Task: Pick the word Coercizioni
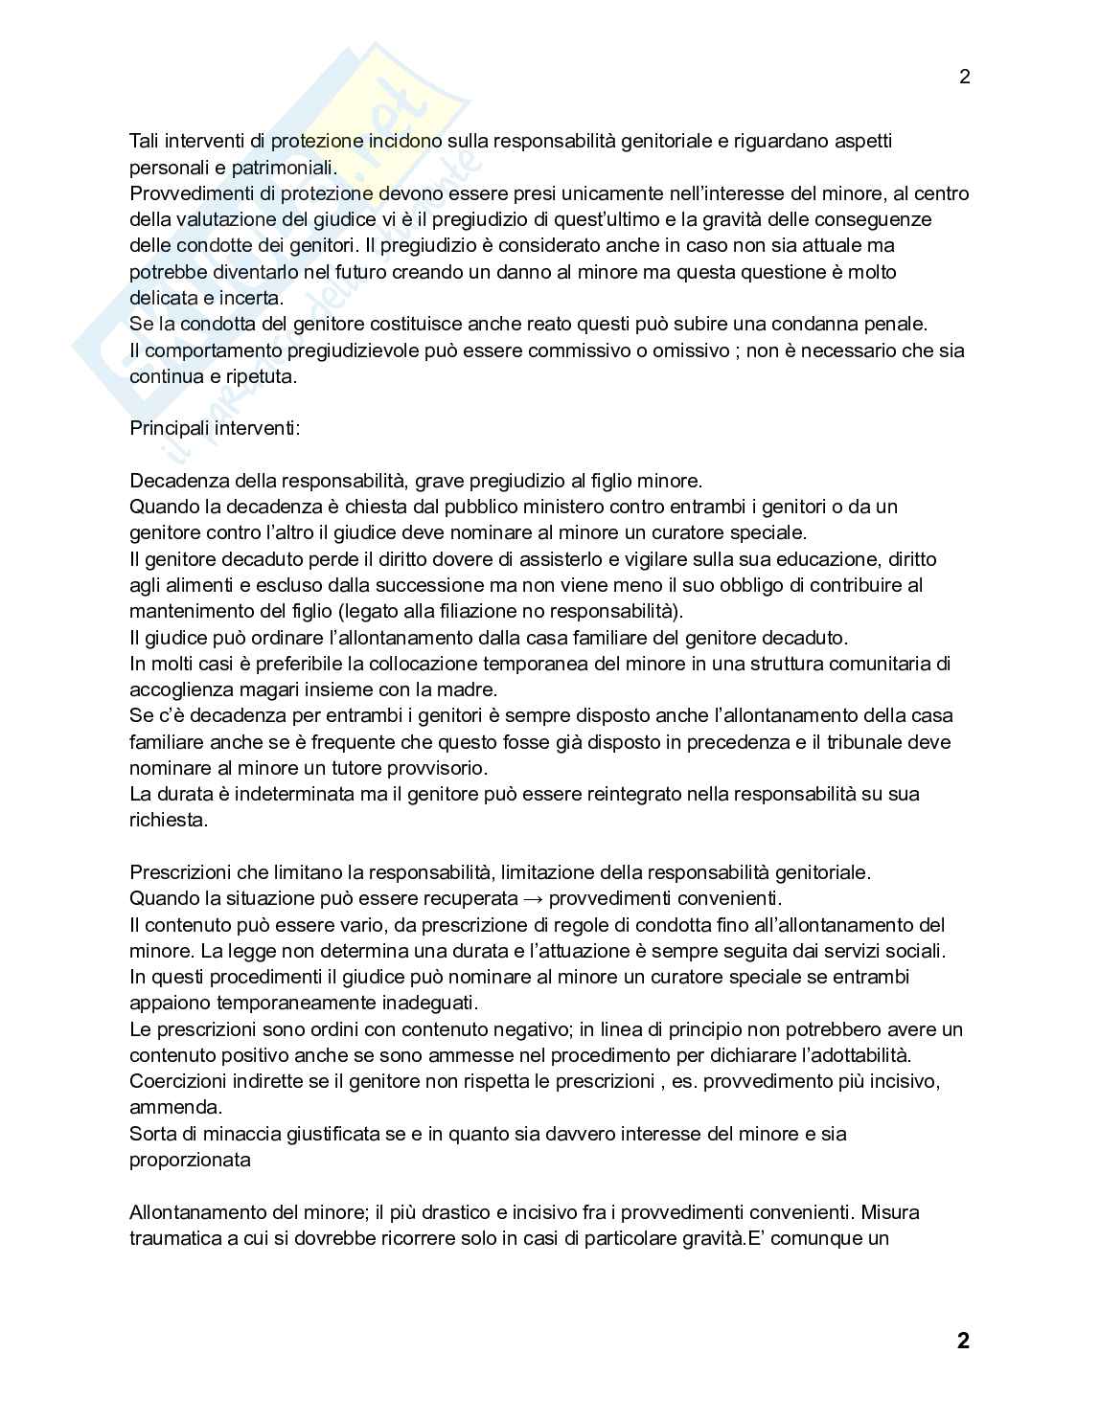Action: coord(175,1081)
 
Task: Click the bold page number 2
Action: coord(963,1341)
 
